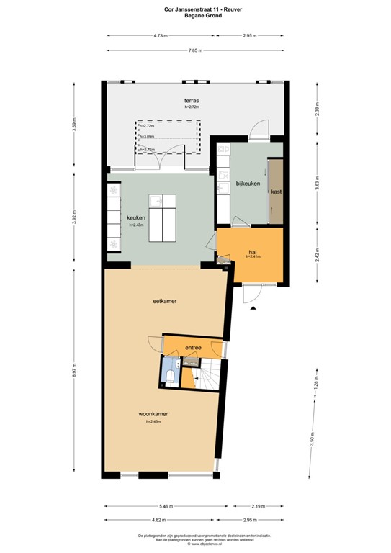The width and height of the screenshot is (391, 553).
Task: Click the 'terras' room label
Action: pos(191,101)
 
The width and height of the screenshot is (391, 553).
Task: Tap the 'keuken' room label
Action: pos(136,217)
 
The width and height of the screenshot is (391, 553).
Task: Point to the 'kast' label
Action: pos(276,192)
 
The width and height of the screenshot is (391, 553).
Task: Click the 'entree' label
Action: pos(193,348)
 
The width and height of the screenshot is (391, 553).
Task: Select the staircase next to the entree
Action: pos(209,375)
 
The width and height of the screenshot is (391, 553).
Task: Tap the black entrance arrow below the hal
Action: pos(253,308)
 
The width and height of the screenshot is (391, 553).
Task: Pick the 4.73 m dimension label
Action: pos(160,35)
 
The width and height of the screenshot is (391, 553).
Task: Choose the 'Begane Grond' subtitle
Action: pos(196,14)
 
